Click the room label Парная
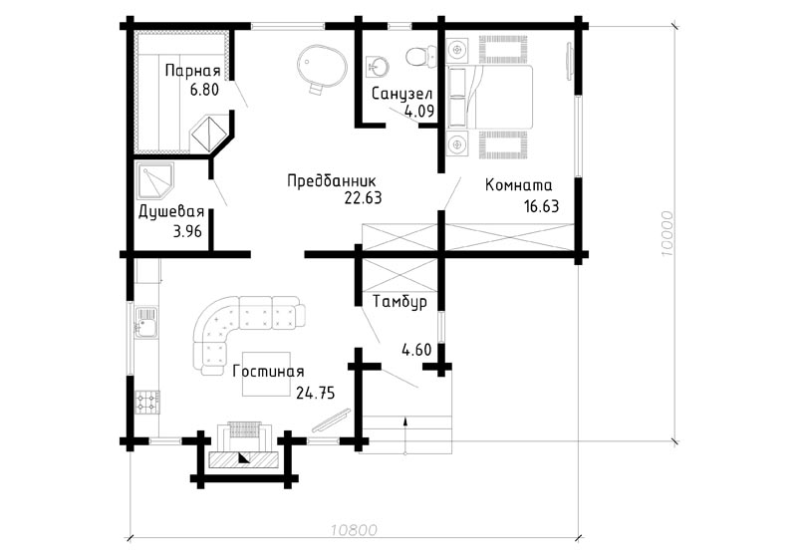pyautogui.click(x=192, y=70)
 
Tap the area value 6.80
pyautogui.click(x=204, y=90)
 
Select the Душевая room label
pyautogui.click(x=171, y=211)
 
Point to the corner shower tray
pyautogui.click(x=155, y=181)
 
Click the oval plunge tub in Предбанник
pyautogui.click(x=321, y=69)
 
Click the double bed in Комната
pyautogui.click(x=489, y=97)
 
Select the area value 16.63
pyautogui.click(x=541, y=206)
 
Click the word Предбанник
pyautogui.click(x=332, y=181)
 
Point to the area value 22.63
pyautogui.click(x=363, y=197)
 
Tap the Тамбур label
pyautogui.click(x=399, y=302)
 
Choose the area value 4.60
pyautogui.click(x=416, y=350)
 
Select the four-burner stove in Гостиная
pyautogui.click(x=147, y=402)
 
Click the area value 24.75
pyautogui.click(x=315, y=393)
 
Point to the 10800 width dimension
pyautogui.click(x=355, y=530)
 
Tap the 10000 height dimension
pyautogui.click(x=666, y=233)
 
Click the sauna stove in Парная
pyautogui.click(x=208, y=134)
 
